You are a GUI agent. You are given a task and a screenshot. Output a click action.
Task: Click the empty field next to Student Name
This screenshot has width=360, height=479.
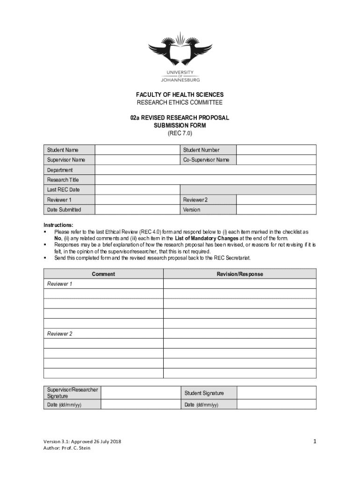(x=137, y=150)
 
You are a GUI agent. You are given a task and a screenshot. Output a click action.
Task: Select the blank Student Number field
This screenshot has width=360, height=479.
(x=276, y=150)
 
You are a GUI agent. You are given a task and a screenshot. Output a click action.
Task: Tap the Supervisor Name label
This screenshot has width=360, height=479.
(x=66, y=160)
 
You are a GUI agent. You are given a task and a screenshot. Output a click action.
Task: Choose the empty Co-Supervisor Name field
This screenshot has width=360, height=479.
(x=276, y=160)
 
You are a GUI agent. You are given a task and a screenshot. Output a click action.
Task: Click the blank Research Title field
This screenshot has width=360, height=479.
(x=206, y=180)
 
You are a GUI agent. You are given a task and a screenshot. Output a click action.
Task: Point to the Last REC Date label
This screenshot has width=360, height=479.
(x=64, y=190)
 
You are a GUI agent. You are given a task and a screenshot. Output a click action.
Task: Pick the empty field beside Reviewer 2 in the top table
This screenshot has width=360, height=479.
(x=276, y=200)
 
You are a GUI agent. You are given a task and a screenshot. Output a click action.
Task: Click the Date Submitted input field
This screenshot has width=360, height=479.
(x=137, y=210)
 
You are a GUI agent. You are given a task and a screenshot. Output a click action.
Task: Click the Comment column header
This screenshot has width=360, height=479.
(x=103, y=274)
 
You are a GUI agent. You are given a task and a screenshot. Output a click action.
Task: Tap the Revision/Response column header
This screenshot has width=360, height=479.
(x=239, y=274)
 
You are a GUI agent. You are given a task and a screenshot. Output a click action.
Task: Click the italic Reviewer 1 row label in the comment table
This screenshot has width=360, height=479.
(x=60, y=284)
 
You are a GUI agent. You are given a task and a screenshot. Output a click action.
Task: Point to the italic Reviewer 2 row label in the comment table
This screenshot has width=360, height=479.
(x=60, y=334)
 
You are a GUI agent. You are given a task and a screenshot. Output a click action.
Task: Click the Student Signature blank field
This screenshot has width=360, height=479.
(x=276, y=393)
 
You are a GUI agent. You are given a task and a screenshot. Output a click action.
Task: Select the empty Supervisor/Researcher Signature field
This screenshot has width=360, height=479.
(x=140, y=393)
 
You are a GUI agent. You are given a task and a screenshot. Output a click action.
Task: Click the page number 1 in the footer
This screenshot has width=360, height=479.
(x=315, y=441)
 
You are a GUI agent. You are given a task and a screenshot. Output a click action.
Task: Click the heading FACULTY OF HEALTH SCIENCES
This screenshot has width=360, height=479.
(x=180, y=95)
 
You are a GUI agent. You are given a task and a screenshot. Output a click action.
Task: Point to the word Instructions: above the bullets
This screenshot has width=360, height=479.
(x=58, y=225)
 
